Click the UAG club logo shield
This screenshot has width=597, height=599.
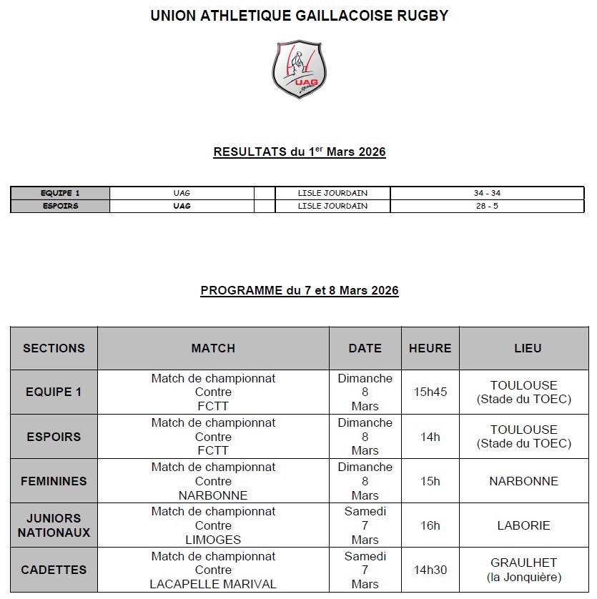coord(299,69)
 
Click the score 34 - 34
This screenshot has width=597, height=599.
coord(487,193)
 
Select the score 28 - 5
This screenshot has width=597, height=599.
coord(487,206)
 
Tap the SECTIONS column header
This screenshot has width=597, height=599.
coord(54,348)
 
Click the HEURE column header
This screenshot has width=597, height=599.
coord(430,348)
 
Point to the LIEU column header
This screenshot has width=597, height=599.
coord(528,348)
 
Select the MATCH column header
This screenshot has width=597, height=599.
coord(213,348)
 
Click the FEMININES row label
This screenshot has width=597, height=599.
coord(54,481)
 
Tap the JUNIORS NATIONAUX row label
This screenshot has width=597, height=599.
coord(54,525)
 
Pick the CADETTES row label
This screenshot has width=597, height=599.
coord(54,570)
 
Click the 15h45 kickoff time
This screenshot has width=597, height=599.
coord(430,392)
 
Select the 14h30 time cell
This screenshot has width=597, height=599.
coord(430,570)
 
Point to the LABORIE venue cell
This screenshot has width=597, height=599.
coord(524,525)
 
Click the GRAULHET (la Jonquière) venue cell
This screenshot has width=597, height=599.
coord(524,570)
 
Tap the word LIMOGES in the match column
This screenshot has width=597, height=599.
coord(213,540)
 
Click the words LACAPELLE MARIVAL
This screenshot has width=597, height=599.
coord(213,584)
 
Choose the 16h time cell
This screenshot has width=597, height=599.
coord(430,525)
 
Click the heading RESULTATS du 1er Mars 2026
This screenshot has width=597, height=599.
coord(300,152)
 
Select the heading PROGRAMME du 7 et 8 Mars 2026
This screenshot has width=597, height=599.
coord(300,290)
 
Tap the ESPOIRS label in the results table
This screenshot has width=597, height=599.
coord(60,206)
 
